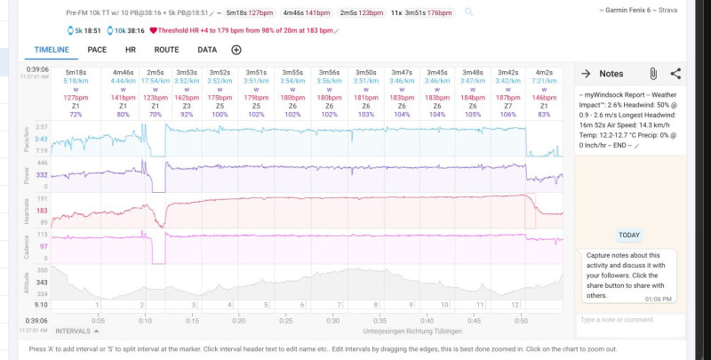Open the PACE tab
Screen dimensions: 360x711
[98, 50]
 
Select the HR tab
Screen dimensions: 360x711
[131, 50]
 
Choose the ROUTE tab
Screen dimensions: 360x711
[166, 50]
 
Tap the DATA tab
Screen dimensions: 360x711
[207, 50]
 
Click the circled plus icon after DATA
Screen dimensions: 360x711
[236, 50]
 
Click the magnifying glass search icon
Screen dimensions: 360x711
[468, 12]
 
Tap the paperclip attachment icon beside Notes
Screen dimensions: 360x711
[652, 74]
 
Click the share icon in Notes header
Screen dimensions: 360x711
[675, 74]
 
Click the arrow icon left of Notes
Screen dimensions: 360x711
[587, 74]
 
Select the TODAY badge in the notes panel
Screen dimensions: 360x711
[628, 236]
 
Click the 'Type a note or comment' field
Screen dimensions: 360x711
[629, 319]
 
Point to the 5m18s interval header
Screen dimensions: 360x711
[75, 72]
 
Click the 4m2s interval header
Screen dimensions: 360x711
[544, 72]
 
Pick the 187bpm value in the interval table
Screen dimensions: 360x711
[508, 98]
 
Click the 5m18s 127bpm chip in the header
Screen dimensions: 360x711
[249, 13]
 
